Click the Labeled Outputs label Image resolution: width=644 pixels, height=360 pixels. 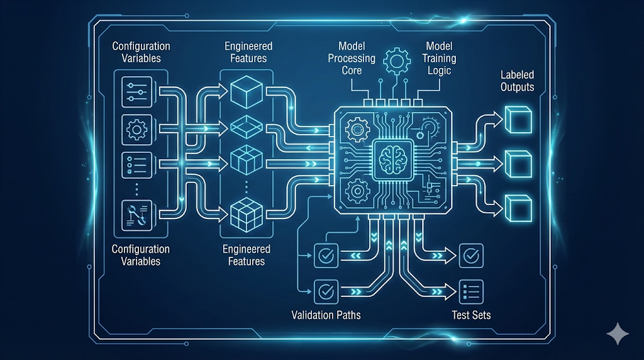pyautogui.click(x=517, y=81)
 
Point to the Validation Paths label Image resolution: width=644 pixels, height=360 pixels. pyautogui.click(x=326, y=314)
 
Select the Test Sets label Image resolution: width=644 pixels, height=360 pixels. pyautogui.click(x=471, y=314)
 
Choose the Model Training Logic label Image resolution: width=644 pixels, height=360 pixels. pyautogui.click(x=440, y=58)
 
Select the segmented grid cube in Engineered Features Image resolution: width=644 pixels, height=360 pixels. pyautogui.click(x=241, y=213)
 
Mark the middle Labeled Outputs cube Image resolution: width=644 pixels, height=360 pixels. pyautogui.click(x=518, y=163)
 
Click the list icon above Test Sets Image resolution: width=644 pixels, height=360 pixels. pyautogui.click(x=471, y=291)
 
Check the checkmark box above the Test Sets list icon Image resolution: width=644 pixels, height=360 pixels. pyautogui.click(x=471, y=256)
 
